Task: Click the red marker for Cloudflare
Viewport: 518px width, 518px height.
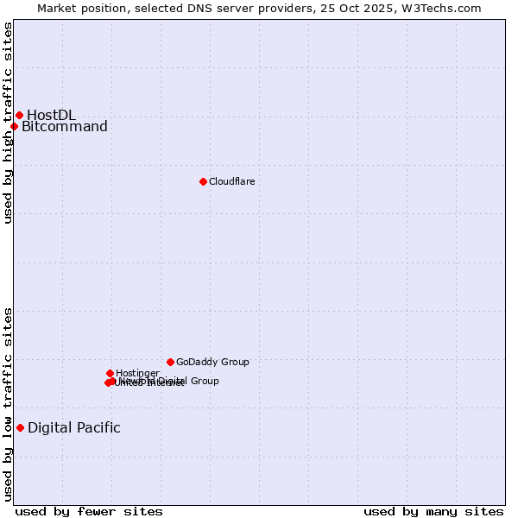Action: click(x=203, y=181)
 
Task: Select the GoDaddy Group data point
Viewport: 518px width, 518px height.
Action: click(x=170, y=362)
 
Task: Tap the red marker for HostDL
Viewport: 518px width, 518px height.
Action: click(x=19, y=115)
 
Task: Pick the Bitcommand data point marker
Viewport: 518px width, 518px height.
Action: click(x=14, y=127)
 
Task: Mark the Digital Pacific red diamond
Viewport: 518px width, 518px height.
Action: click(x=20, y=427)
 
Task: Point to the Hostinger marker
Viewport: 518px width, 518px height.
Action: click(x=110, y=373)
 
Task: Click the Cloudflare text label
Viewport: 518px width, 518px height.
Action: click(x=231, y=181)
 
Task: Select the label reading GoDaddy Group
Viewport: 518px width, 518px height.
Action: click(x=212, y=362)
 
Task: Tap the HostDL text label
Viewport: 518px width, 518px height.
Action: click(x=51, y=115)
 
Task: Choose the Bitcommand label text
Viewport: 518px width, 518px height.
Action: click(x=65, y=127)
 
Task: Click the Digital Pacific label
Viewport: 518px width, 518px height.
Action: click(x=74, y=427)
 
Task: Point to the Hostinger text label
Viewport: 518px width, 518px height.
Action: click(x=137, y=373)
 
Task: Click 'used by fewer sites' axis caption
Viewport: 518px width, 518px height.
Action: click(x=89, y=511)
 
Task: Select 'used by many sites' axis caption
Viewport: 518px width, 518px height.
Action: click(x=433, y=511)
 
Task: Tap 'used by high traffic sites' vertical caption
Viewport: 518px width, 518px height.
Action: click(x=8, y=123)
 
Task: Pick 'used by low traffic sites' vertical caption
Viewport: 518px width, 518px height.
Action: click(x=8, y=404)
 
